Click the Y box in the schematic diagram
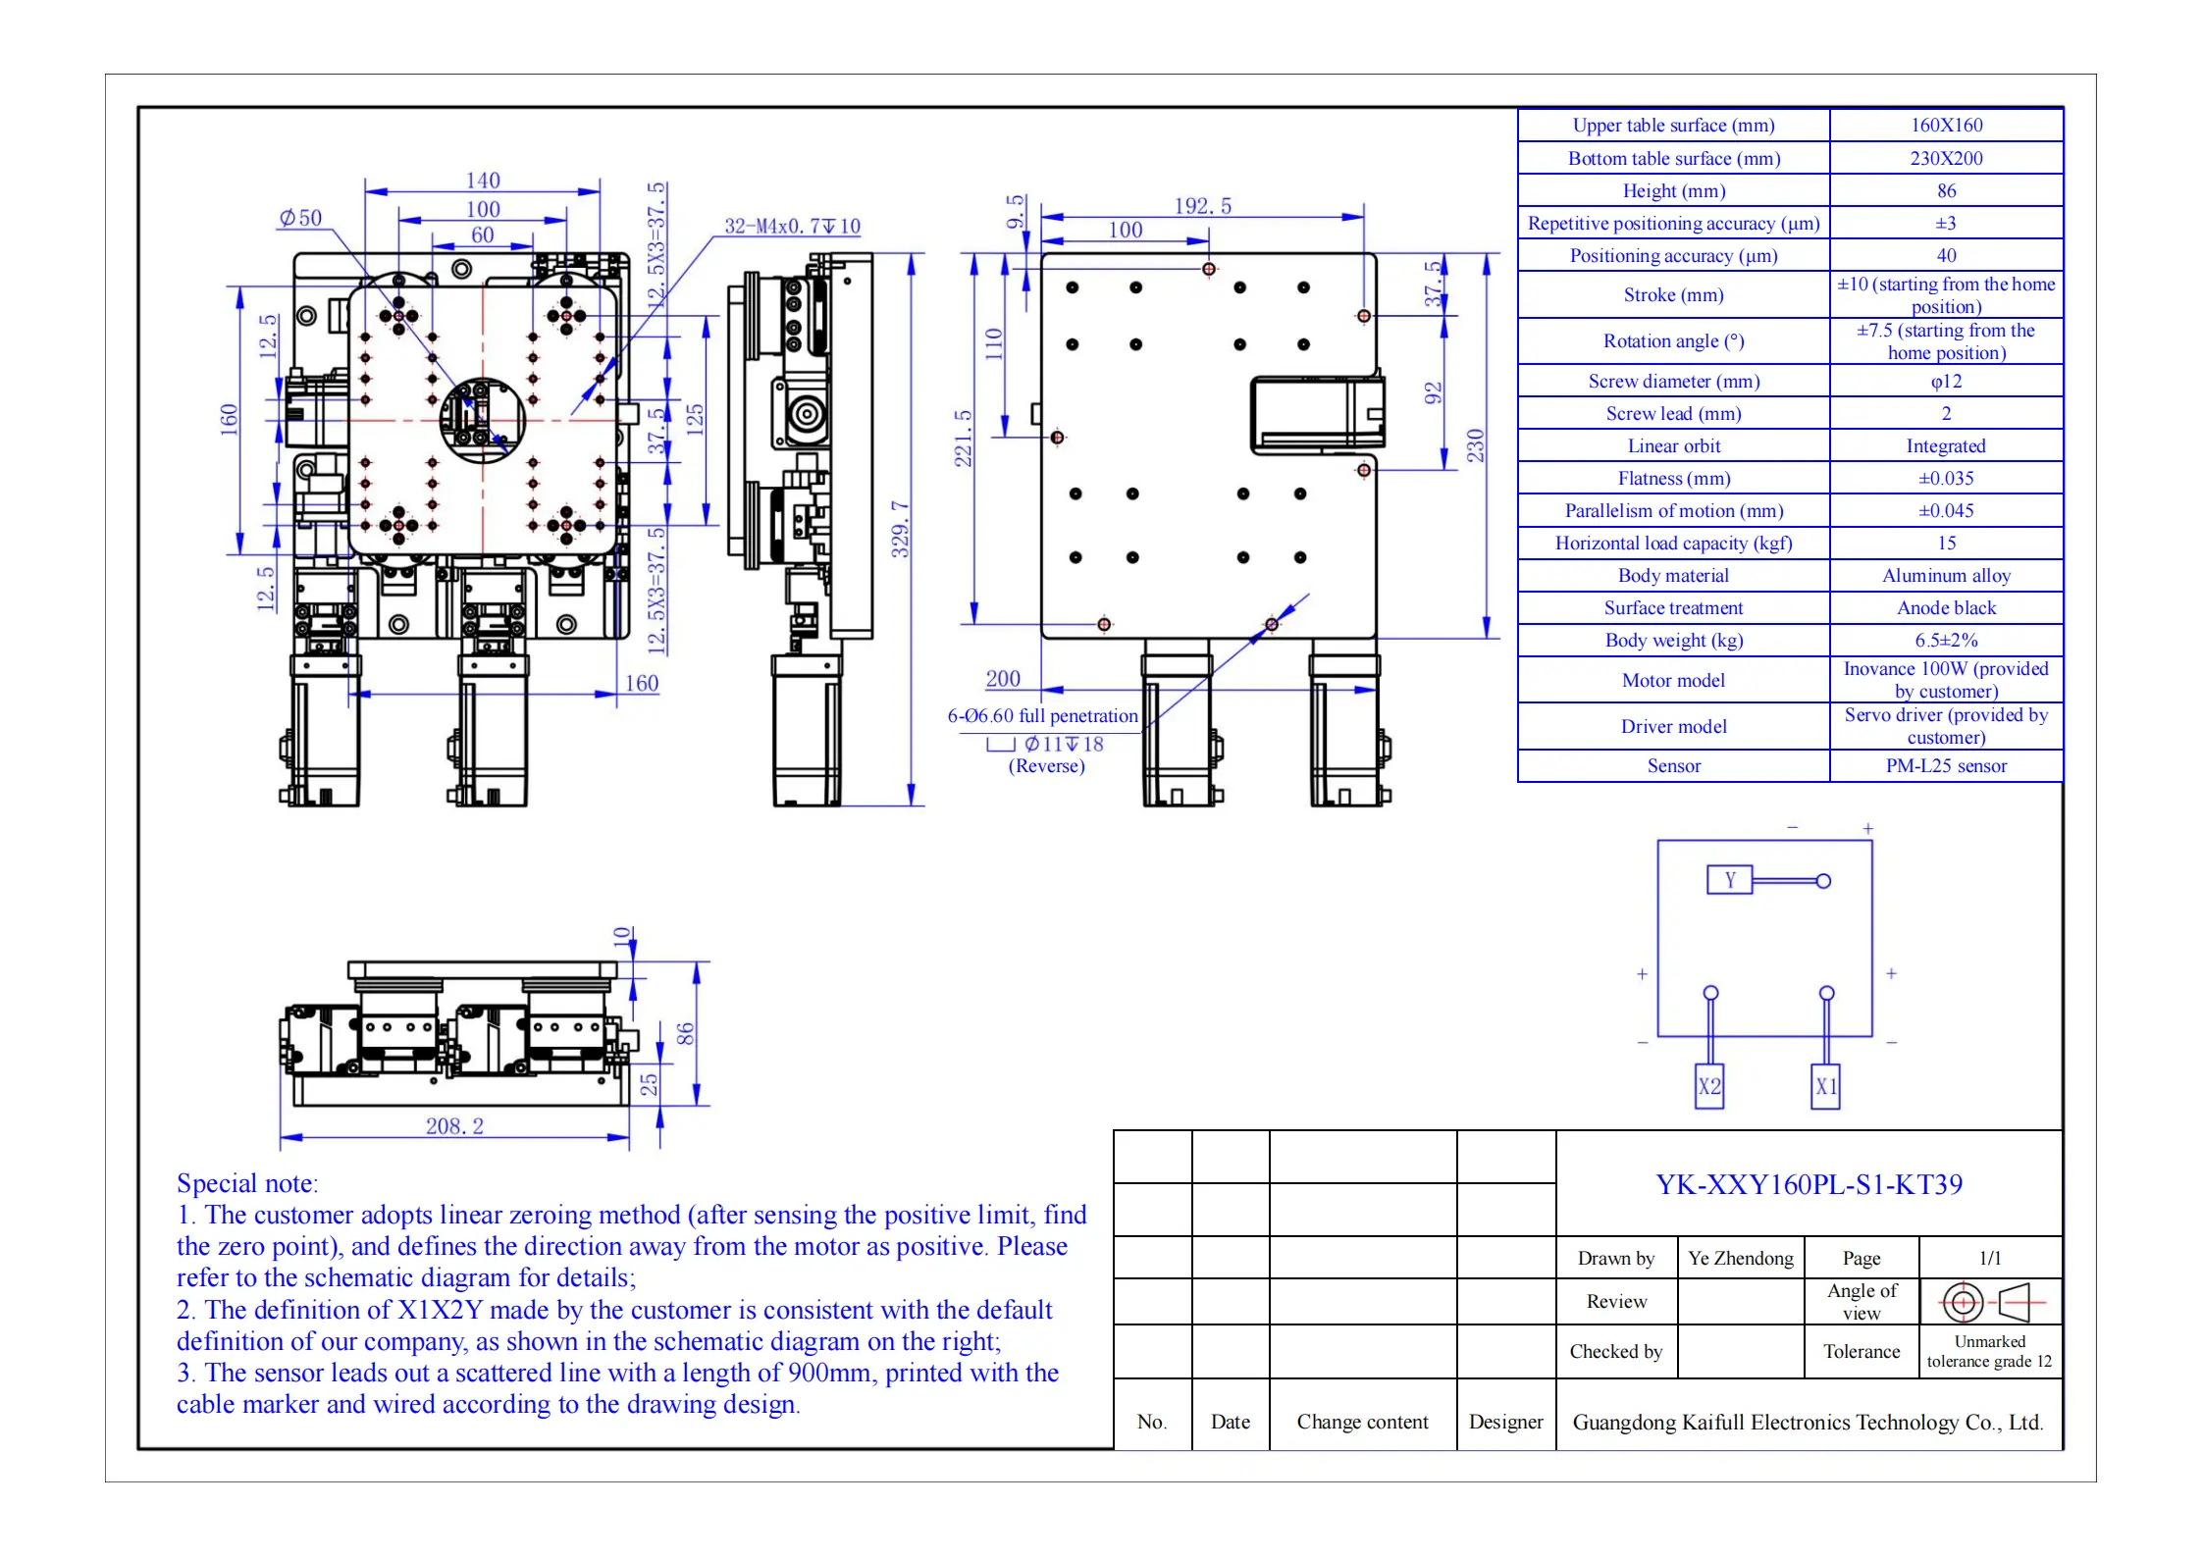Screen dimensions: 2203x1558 [1730, 880]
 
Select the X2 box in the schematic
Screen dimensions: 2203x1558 [1709, 1086]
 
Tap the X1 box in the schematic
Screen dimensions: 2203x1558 [1825, 1086]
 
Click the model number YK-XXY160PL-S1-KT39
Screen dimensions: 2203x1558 [1810, 1184]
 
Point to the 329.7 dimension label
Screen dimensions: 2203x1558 [900, 529]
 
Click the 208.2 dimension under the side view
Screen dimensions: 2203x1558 [454, 1125]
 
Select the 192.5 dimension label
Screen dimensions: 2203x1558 [1202, 206]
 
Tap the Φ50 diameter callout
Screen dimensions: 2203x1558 [300, 217]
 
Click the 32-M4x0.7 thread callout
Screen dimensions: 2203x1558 [792, 226]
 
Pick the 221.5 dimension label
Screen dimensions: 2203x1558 [964, 439]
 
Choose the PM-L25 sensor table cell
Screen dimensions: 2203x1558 [1946, 765]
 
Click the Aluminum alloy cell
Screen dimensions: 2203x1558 [1946, 575]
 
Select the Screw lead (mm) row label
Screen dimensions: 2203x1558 [1673, 413]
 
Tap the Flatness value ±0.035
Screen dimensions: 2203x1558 [1946, 478]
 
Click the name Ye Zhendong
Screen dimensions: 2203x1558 [1741, 1258]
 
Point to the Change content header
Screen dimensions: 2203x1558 [1362, 1422]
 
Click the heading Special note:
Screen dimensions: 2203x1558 [247, 1183]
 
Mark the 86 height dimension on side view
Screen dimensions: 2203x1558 [685, 1033]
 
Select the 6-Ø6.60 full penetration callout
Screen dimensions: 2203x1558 [1042, 715]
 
